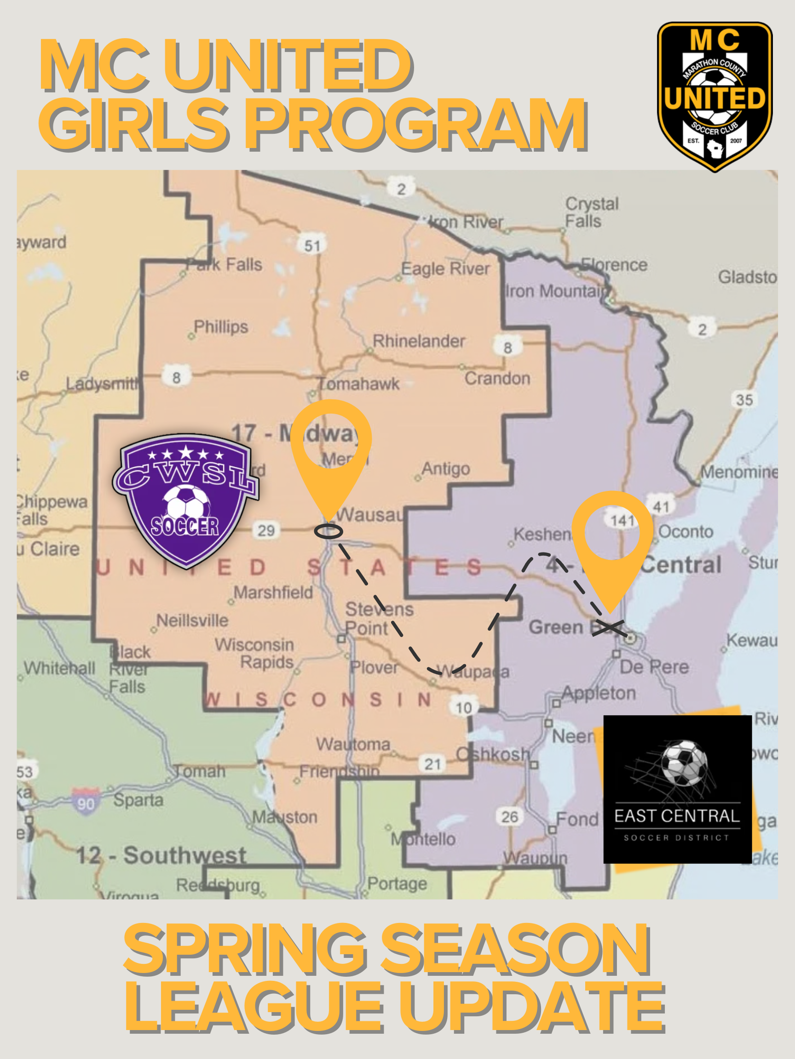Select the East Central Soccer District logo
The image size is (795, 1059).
[x=677, y=790]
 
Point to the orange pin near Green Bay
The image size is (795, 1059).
[x=612, y=541]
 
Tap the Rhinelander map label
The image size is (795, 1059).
[x=418, y=342]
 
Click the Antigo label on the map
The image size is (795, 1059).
[x=445, y=468]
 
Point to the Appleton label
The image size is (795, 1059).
[x=599, y=693]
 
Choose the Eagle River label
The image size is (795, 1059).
[x=445, y=268]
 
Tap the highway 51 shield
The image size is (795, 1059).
[x=312, y=245]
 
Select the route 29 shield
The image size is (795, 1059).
[x=266, y=530]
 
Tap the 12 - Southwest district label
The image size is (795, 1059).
[x=161, y=855]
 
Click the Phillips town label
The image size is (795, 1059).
[x=221, y=327]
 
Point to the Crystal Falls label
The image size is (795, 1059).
[x=591, y=212]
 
